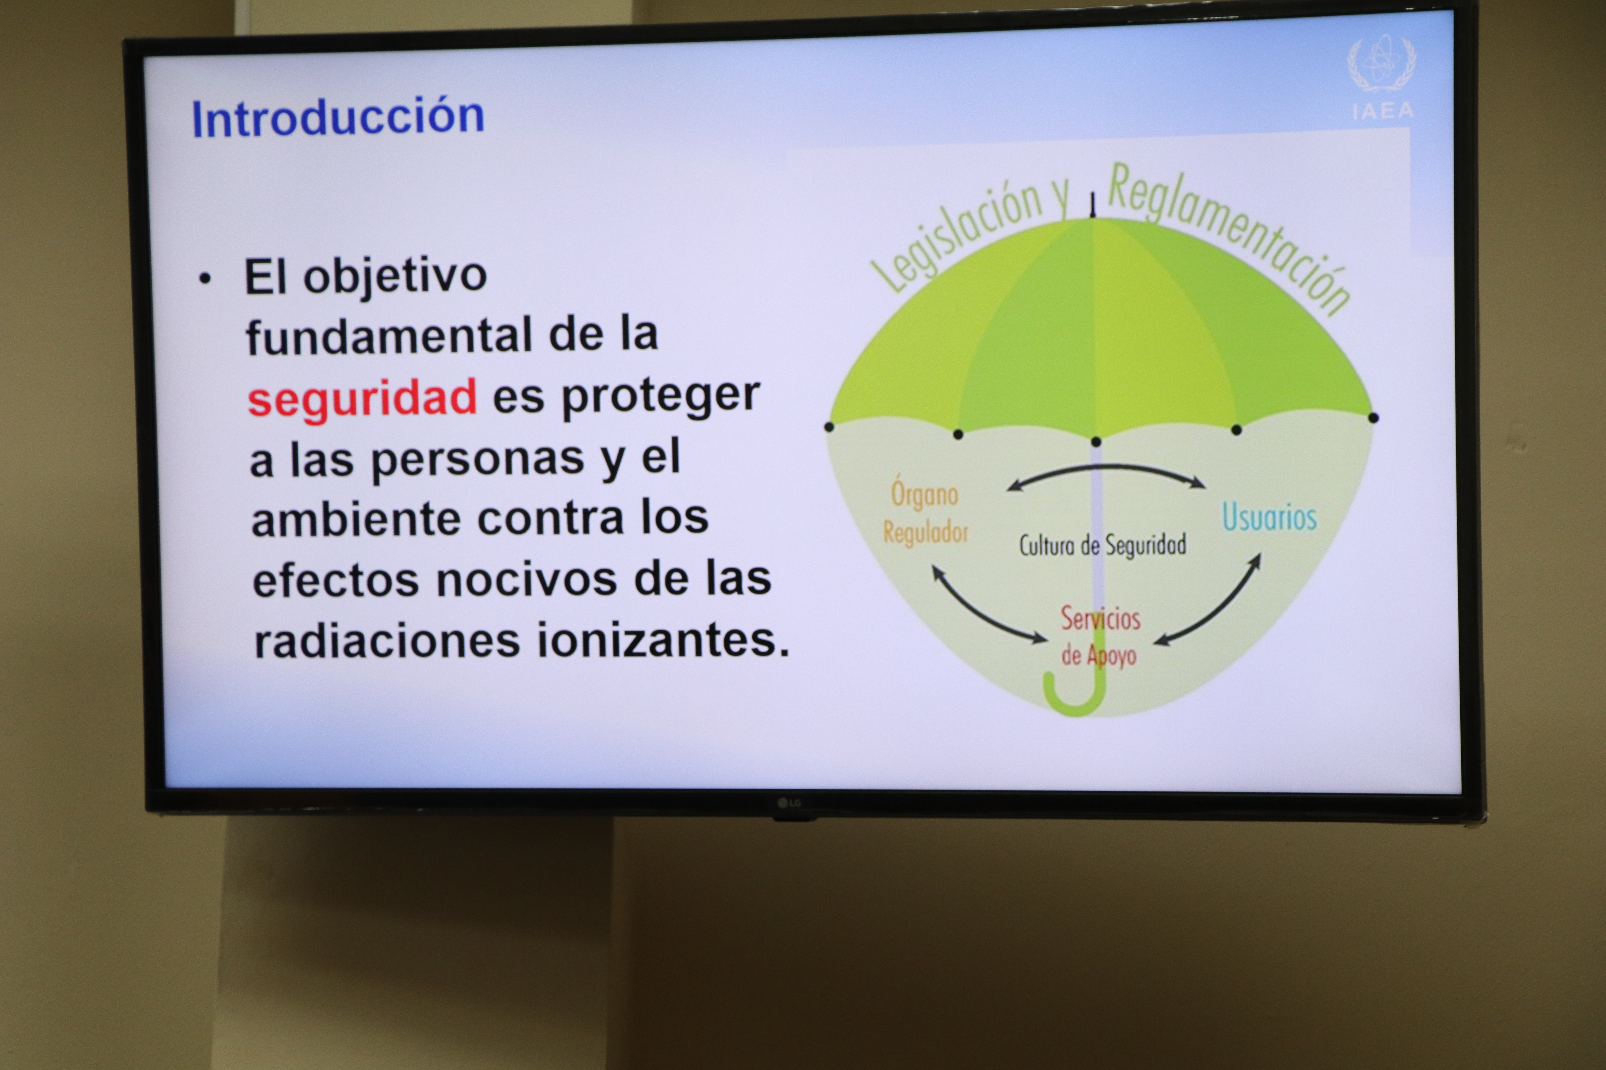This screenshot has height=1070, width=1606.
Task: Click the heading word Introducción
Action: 338,117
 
